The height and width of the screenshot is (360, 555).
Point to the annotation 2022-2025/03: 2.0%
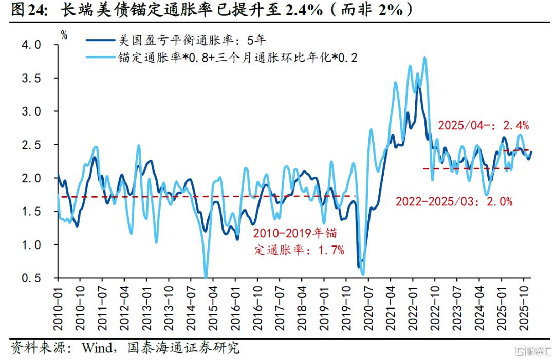pyautogui.click(x=454, y=201)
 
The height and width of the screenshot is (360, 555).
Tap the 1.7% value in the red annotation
pyautogui.click(x=329, y=251)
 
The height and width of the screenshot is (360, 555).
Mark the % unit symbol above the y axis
pyautogui.click(x=64, y=35)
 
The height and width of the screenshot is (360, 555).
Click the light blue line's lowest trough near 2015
pyautogui.click(x=206, y=277)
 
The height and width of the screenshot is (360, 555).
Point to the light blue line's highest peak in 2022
pyautogui.click(x=424, y=58)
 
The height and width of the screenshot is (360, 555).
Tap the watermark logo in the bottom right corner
pyautogui.click(x=530, y=351)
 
